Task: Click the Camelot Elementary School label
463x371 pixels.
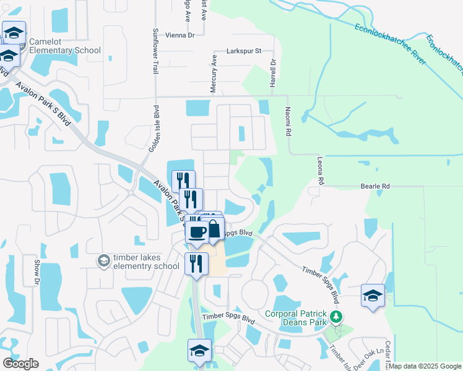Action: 65,46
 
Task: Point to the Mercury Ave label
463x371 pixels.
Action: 214,74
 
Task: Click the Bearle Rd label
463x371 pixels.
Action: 376,185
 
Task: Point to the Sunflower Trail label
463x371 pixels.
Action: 156,50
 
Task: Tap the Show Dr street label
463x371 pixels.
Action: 37,272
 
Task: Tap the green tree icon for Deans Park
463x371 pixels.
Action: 336,317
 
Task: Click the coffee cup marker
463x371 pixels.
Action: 197,232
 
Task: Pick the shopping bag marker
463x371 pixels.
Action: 214,229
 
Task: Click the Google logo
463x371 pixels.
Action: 20,364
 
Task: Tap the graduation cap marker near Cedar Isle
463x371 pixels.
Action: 373,296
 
